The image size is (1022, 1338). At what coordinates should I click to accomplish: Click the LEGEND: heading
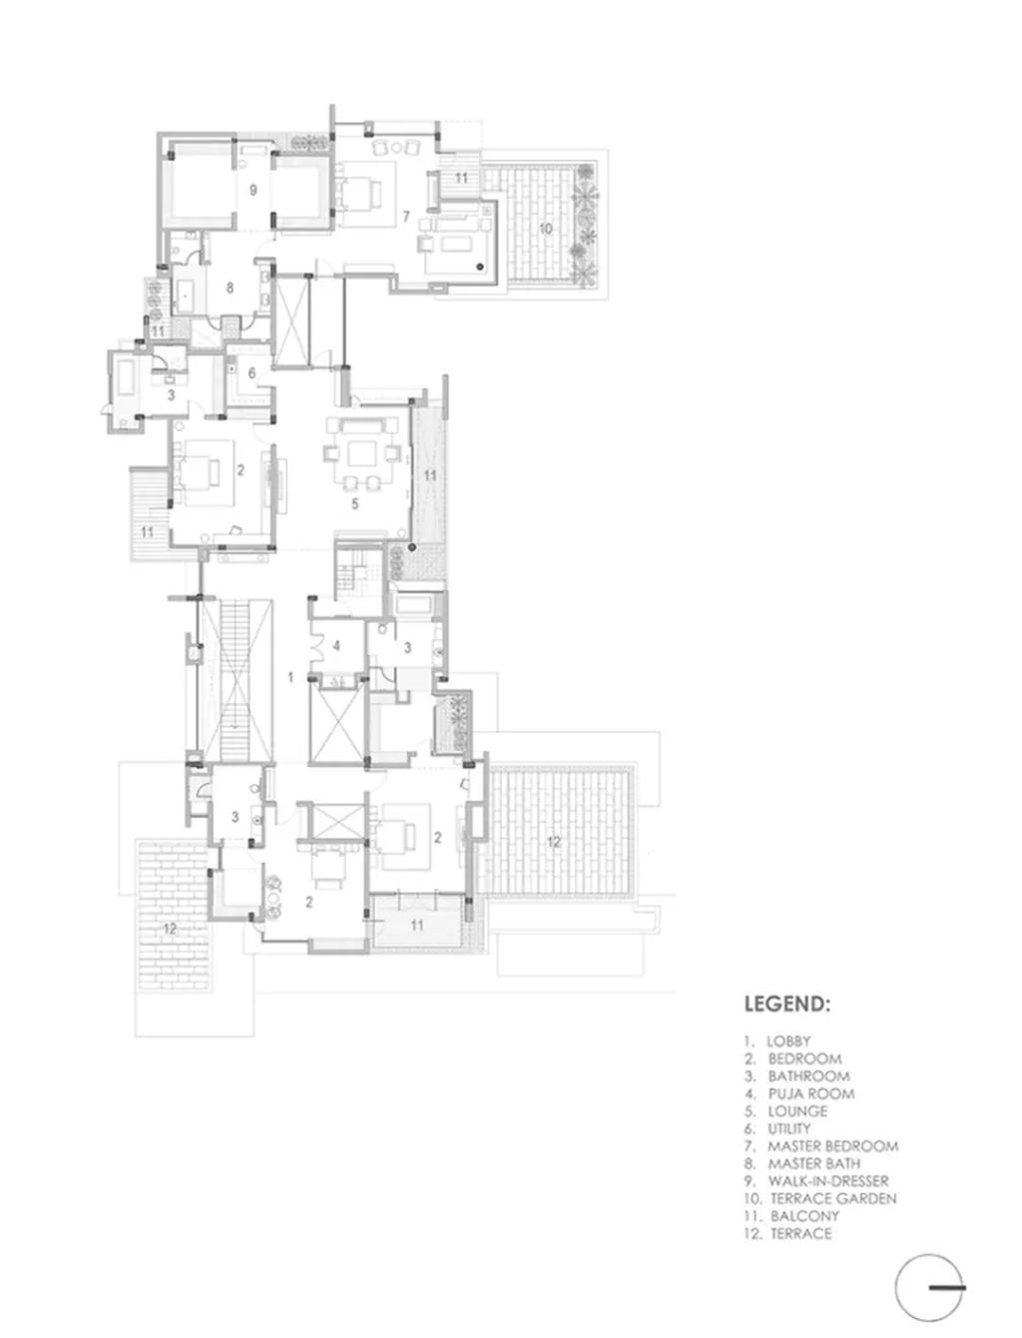pos(786,1003)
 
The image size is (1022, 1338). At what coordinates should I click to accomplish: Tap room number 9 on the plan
pos(253,190)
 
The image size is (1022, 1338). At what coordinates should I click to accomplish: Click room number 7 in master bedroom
pos(406,216)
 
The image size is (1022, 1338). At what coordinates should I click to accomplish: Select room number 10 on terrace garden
pos(545,229)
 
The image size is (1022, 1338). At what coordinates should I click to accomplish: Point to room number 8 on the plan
pos(230,288)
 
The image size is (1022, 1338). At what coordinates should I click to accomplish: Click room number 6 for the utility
pos(251,372)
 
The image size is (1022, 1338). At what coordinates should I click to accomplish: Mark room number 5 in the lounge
pos(355,503)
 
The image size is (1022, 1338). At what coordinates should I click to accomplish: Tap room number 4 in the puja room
pos(335,645)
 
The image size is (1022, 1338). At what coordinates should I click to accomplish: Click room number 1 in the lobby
pos(291,677)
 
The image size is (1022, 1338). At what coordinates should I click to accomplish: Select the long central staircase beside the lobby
pos(235,680)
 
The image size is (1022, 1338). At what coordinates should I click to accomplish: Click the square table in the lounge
pos(361,453)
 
